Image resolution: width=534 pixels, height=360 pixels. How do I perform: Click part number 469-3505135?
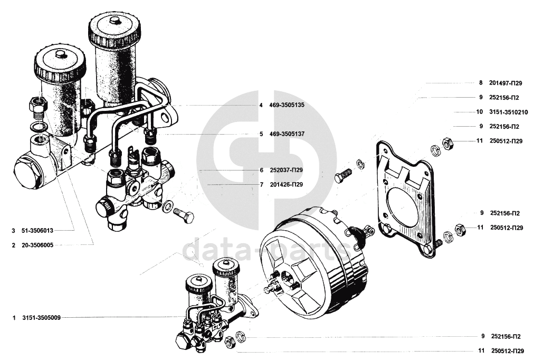[285, 105]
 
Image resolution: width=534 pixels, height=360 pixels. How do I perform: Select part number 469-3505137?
[285, 134]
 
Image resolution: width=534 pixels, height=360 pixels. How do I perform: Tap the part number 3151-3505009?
[41, 318]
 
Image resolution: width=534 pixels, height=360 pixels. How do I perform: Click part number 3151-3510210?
[508, 112]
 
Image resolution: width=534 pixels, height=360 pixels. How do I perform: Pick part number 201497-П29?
[506, 83]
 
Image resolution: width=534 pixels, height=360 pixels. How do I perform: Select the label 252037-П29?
[284, 170]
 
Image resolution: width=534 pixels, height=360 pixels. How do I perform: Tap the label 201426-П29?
[284, 185]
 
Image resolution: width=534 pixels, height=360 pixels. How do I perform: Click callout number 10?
[479, 112]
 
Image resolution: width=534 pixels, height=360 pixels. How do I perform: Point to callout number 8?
[481, 83]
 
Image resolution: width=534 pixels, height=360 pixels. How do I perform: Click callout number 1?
[13, 318]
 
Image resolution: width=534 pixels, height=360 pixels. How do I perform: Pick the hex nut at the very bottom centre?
[230, 343]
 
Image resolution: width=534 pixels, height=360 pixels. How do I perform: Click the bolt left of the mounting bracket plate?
[344, 175]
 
